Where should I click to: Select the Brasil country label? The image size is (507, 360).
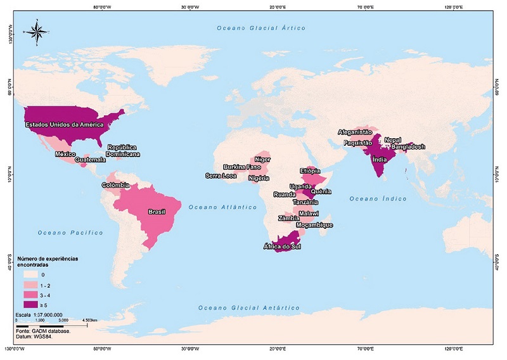[x=157, y=212]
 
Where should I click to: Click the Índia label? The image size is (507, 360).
[x=379, y=160]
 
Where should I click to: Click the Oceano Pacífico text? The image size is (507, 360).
[x=70, y=233]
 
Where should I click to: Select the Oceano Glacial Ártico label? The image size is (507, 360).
[x=261, y=29]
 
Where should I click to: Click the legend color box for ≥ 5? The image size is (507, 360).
[x=30, y=305]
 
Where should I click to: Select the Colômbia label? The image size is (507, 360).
[x=115, y=185]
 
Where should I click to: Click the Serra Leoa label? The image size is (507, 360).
[x=221, y=176]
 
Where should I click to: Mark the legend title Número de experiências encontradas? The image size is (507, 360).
[x=52, y=261]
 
